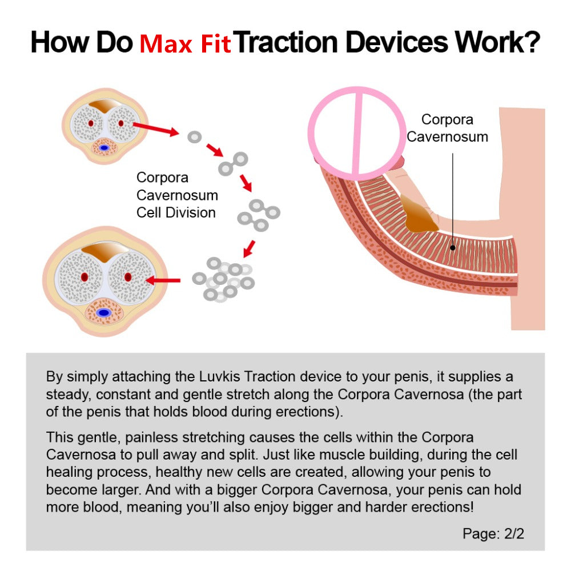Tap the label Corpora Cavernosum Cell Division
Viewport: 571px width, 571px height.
[x=177, y=195]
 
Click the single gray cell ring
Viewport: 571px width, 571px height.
[x=195, y=137]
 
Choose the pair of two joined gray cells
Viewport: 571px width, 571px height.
[x=233, y=163]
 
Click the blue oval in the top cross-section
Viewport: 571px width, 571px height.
[x=104, y=148]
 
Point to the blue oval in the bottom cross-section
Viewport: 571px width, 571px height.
[x=103, y=313]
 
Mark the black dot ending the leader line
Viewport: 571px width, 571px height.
[x=452, y=248]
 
